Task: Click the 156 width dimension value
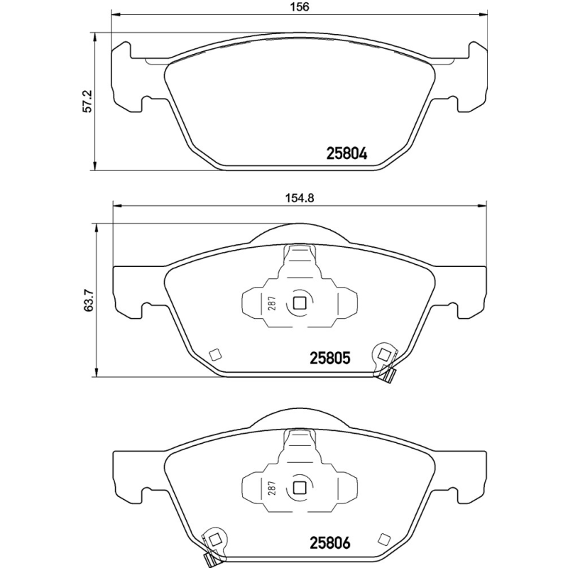(301, 8)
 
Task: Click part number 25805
(330, 359)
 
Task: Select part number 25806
(330, 545)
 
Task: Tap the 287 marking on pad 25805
(272, 305)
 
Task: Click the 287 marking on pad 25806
(272, 490)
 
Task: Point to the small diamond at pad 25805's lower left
(215, 354)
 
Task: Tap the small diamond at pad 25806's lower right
(386, 538)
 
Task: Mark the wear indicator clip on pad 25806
(212, 547)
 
